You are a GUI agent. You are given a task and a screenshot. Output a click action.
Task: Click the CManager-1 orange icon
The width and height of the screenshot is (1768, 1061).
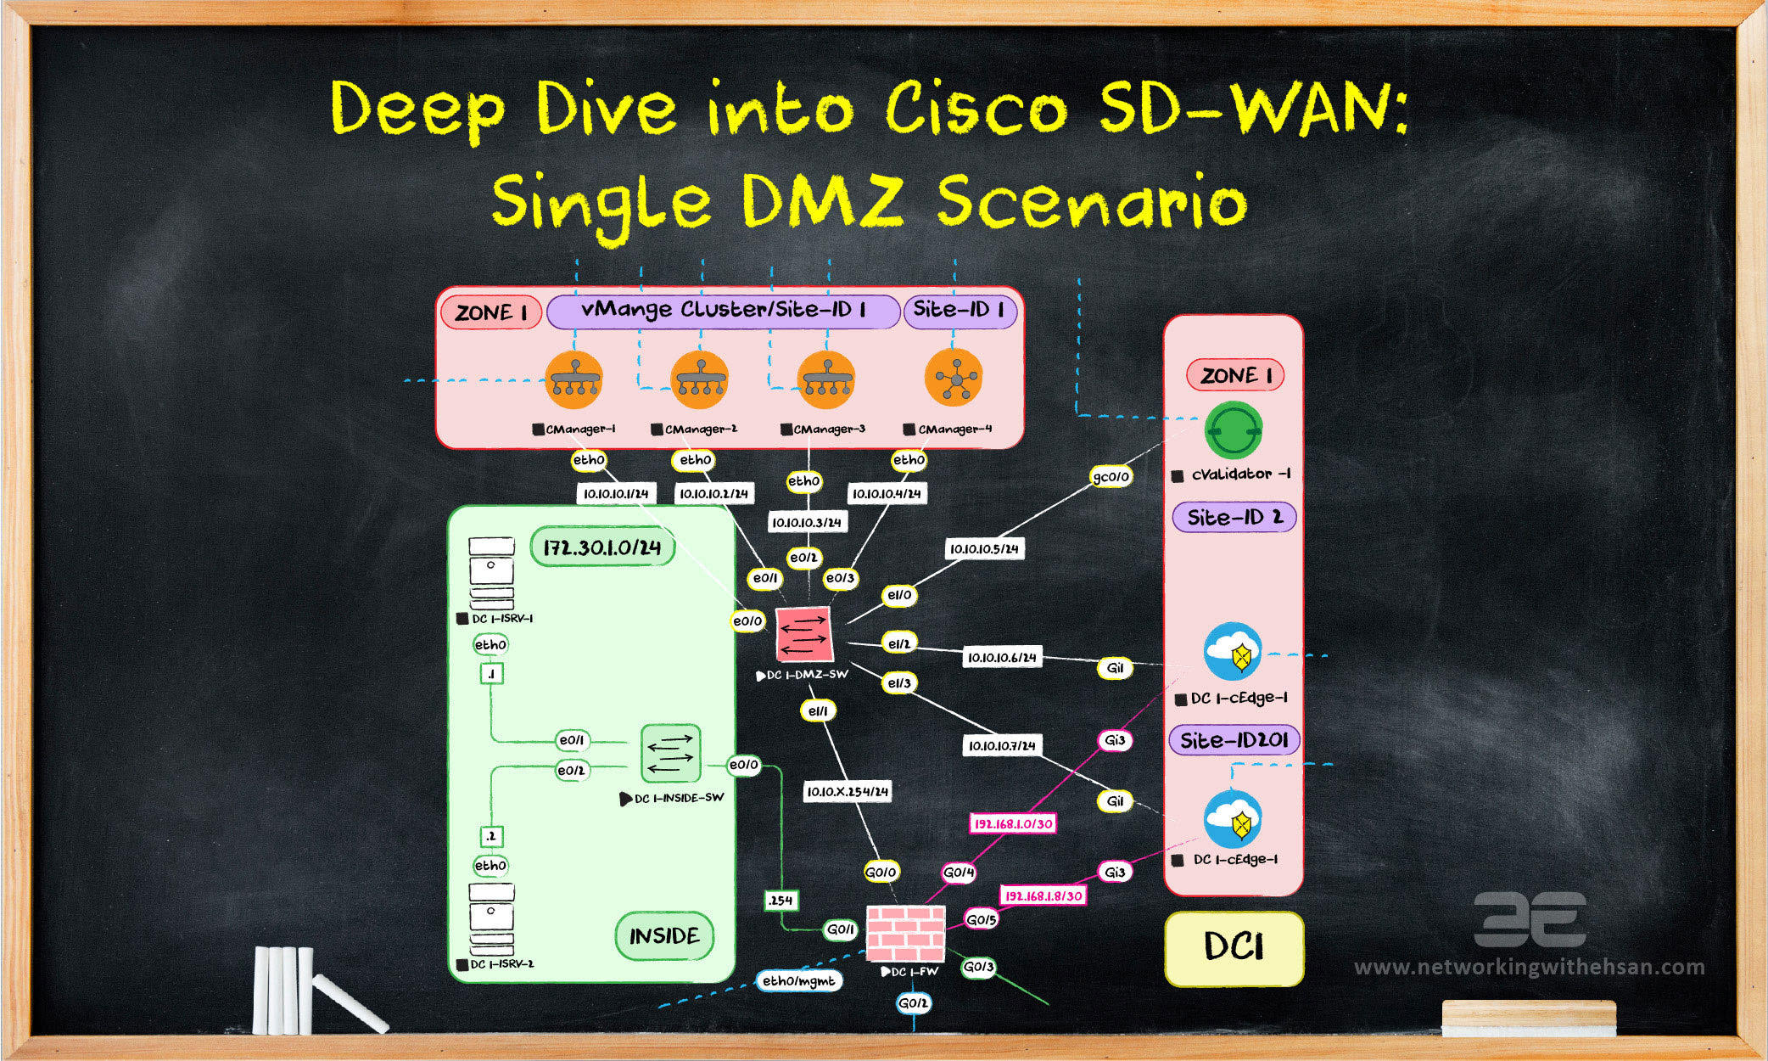click(573, 379)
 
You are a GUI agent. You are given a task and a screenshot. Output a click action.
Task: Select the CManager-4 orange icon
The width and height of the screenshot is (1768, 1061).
click(954, 379)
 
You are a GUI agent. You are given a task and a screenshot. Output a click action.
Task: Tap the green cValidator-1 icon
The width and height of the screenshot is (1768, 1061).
click(1233, 431)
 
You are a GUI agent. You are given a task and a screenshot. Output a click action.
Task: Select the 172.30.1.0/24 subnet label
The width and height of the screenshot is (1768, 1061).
click(602, 547)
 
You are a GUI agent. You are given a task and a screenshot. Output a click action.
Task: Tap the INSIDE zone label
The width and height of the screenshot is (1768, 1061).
click(663, 936)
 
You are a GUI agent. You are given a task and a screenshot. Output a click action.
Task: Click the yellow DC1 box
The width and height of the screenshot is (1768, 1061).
click(1234, 947)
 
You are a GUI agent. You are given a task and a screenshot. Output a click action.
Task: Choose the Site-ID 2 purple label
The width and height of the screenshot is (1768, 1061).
click(1234, 517)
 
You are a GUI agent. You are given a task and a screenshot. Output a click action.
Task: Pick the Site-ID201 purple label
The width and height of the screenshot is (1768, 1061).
click(1234, 740)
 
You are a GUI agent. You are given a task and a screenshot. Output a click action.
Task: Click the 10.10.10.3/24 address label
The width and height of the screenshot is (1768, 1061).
click(806, 523)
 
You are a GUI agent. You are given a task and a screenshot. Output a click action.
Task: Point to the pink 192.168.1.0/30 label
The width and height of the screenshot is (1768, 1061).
click(1013, 823)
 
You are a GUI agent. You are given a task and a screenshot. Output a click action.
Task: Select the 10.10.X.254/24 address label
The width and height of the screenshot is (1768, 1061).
click(848, 792)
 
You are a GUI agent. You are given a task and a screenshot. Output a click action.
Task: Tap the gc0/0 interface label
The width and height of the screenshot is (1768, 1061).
click(1111, 477)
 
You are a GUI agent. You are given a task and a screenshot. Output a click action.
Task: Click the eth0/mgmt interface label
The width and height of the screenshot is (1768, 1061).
click(798, 981)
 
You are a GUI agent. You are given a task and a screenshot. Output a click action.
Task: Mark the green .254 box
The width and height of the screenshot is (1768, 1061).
click(779, 901)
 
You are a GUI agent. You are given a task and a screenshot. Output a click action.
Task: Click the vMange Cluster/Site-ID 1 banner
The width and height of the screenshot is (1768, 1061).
click(723, 311)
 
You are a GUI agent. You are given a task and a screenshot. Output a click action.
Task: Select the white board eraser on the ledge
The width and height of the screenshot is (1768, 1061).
click(1529, 1018)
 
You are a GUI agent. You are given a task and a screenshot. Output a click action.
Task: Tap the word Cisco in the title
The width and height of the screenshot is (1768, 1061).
click(976, 110)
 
